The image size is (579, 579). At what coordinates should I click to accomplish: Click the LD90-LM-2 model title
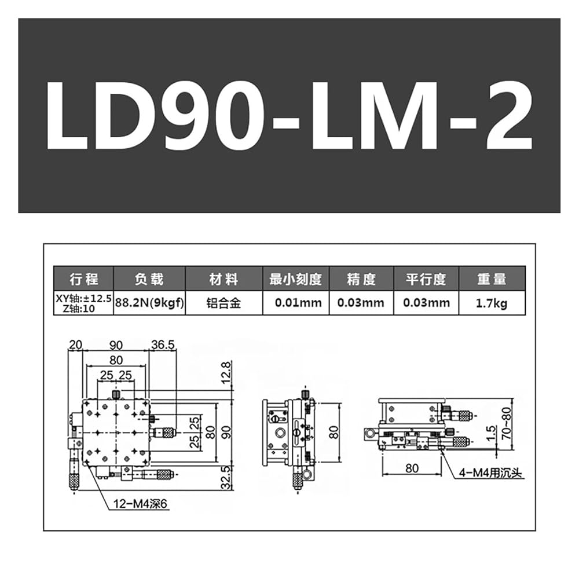pos(289,115)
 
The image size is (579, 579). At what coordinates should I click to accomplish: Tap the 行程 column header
pos(84,279)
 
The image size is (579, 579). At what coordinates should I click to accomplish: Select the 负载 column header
pos(149,279)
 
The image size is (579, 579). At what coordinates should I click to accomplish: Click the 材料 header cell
pos(223,279)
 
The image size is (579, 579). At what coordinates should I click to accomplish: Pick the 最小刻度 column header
pos(295,279)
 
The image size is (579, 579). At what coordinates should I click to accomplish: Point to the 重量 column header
pos(492,279)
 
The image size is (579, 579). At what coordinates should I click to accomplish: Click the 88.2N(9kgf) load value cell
pos(149,303)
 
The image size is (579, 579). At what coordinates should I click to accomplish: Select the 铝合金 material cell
pos(223,303)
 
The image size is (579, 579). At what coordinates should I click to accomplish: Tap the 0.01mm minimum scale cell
pos(298,303)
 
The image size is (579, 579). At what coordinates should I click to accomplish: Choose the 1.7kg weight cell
pos(492,303)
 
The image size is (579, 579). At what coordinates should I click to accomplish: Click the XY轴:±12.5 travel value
pos(83,298)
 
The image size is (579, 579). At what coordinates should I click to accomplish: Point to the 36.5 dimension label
pos(163,345)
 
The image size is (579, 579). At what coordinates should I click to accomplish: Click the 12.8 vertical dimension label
pos(226,372)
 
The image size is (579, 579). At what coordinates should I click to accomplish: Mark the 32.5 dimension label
pos(226,477)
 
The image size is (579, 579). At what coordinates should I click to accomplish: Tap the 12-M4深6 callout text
pos(140,503)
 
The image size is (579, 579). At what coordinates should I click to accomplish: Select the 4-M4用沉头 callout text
pos(491,472)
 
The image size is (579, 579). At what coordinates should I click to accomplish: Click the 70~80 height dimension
pos(507,423)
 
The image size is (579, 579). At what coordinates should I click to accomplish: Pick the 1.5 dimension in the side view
pos(491,433)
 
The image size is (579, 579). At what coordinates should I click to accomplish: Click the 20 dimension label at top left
pos(75,345)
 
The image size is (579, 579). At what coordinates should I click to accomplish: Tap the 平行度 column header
pos(426,279)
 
